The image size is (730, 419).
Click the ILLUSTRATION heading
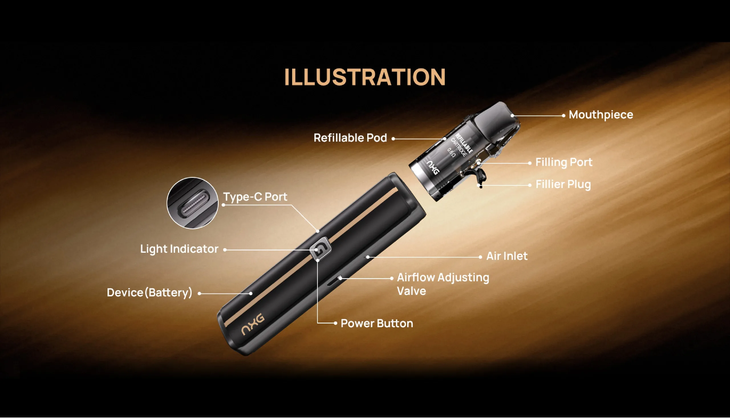coord(365,77)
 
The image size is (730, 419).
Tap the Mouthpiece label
coord(601,115)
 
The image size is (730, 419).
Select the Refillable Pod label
coord(350,138)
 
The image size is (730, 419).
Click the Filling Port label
coord(564,162)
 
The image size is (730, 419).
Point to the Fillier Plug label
coord(563,185)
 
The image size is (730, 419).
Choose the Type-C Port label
coord(255,197)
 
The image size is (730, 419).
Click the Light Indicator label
coord(179,249)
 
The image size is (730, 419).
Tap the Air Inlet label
coord(507,256)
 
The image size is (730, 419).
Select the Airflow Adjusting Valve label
coord(443,284)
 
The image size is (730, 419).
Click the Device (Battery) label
coord(149,293)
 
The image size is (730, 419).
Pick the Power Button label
coord(377,323)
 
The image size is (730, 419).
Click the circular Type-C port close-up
coord(192,203)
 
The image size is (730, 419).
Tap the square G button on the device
coord(321,248)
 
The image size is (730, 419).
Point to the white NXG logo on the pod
coord(433,168)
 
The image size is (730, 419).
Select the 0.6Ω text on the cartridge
coord(451,152)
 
